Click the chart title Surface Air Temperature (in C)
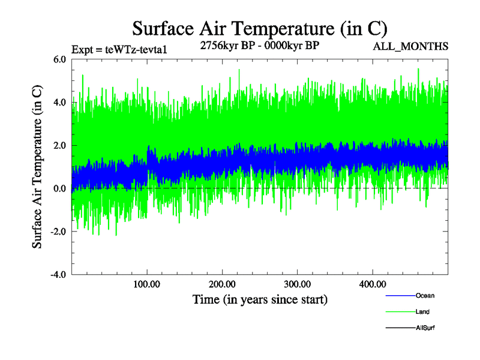(260, 28)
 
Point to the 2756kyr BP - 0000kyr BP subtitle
(259, 46)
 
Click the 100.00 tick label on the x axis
(147, 284)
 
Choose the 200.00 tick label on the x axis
(222, 284)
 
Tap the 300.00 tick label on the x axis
(297, 284)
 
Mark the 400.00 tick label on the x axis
(372, 284)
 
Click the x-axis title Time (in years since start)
(260, 299)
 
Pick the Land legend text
(422, 312)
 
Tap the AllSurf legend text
(425, 328)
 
